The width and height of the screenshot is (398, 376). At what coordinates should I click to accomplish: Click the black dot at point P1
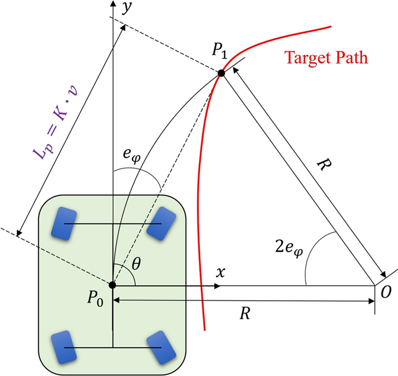(x=221, y=73)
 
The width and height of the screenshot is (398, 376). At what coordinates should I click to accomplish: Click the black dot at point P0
(x=113, y=284)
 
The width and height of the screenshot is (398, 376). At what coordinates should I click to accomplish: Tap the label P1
(x=220, y=51)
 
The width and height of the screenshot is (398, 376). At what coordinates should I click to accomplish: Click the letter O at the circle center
(x=387, y=292)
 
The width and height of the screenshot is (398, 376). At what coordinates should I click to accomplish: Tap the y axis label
(x=126, y=7)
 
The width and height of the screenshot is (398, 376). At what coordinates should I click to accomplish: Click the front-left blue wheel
(x=64, y=223)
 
